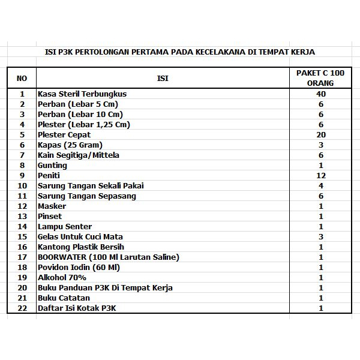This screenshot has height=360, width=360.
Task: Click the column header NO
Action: click(x=22, y=78)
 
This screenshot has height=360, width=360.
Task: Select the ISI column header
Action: click(x=163, y=78)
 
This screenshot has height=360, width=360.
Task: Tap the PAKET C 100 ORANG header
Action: click(x=320, y=78)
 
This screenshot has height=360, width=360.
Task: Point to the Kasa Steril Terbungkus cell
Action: click(x=82, y=94)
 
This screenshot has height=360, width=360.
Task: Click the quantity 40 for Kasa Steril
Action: click(x=321, y=94)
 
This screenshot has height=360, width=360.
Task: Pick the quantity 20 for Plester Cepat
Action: click(x=321, y=135)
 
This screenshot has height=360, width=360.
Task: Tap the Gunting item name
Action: click(x=52, y=165)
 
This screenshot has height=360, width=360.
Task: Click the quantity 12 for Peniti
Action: click(x=321, y=175)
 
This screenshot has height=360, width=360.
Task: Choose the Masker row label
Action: click(x=52, y=206)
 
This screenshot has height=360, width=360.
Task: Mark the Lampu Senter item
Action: click(x=65, y=226)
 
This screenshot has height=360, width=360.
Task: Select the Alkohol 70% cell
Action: click(x=62, y=277)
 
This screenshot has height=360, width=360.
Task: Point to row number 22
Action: click(x=22, y=308)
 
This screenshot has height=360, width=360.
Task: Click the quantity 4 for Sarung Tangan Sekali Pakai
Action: click(x=321, y=185)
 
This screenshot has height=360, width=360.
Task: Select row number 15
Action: click(x=22, y=236)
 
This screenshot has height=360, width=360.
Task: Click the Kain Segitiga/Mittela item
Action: click(x=78, y=155)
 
